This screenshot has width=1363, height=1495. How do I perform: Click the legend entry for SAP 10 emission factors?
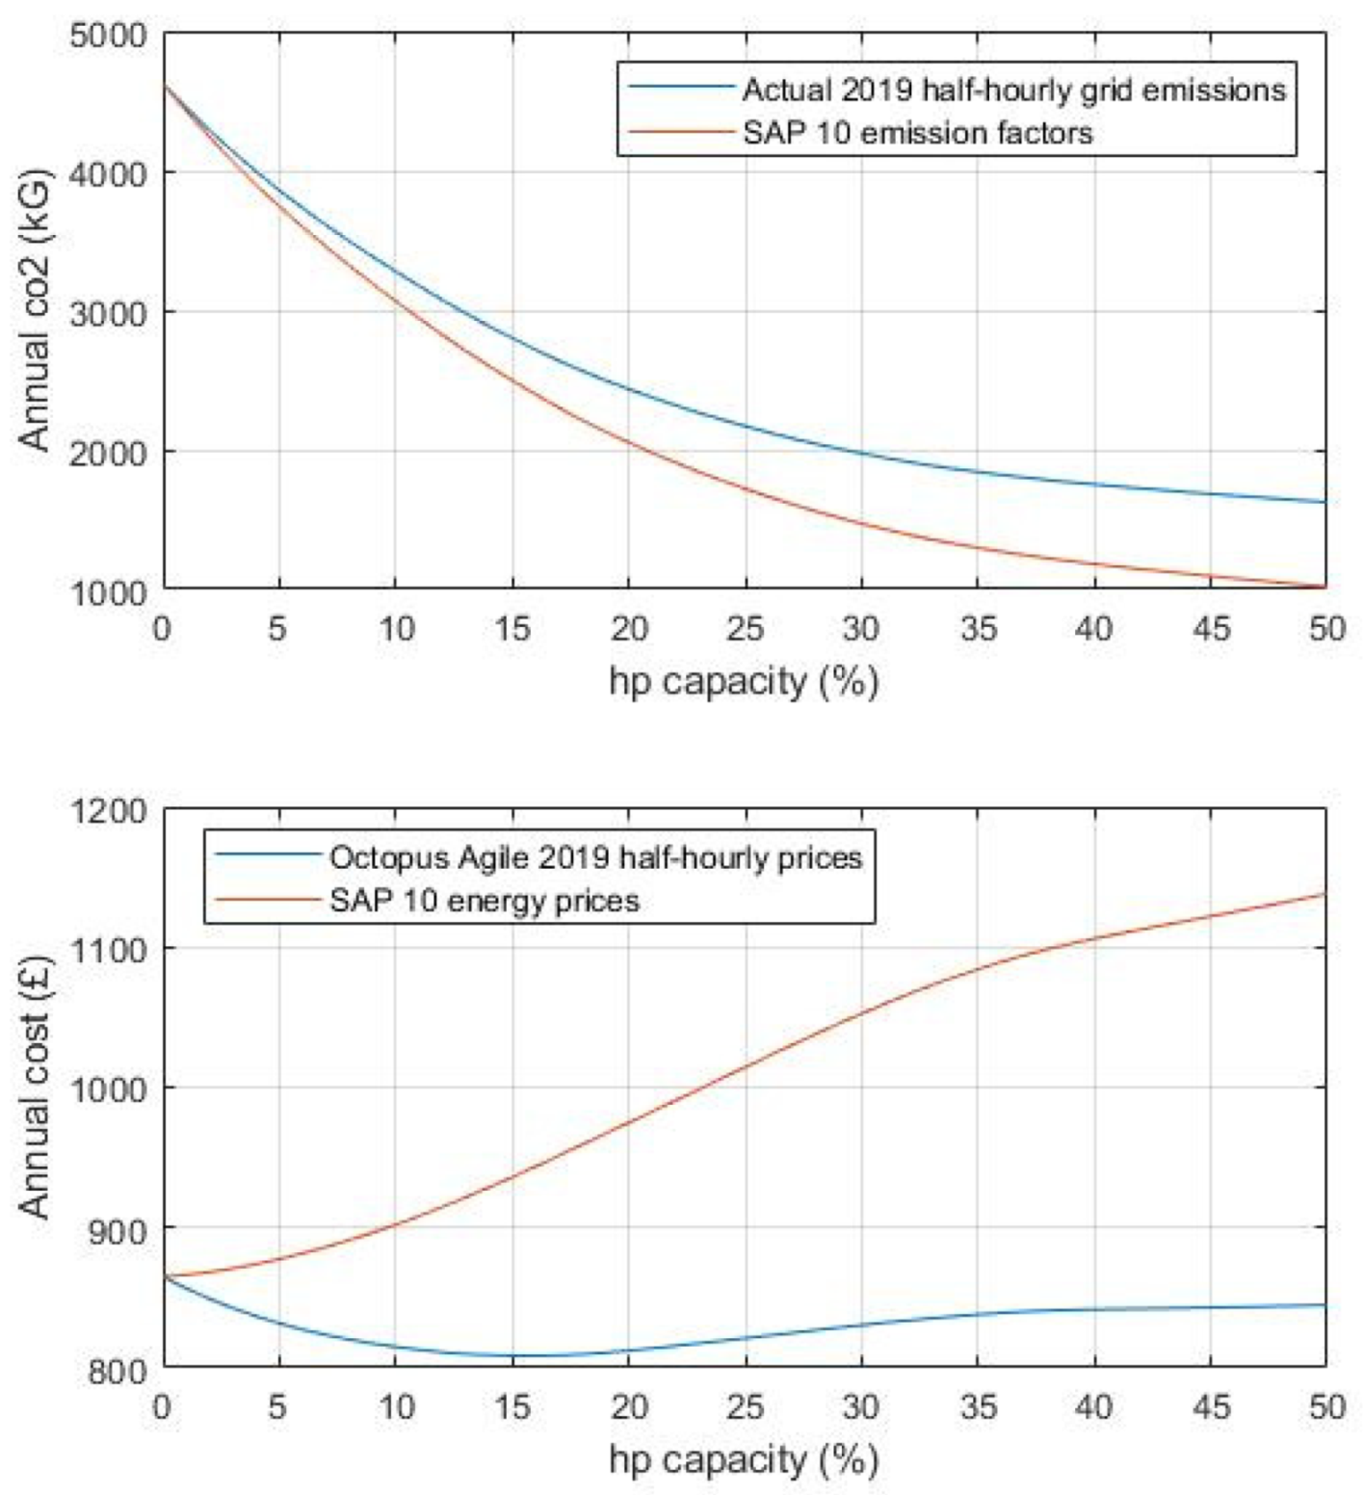tap(917, 132)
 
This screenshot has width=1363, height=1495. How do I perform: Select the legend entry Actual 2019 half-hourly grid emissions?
tap(1013, 90)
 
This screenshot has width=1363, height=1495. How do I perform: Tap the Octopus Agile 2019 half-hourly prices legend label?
tap(595, 856)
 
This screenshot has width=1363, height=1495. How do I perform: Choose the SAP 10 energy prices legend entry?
tap(484, 900)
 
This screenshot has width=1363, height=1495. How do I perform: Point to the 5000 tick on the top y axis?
tap(109, 36)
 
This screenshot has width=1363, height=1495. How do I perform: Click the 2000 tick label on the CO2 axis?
tap(109, 453)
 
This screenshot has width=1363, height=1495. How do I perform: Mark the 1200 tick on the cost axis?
tap(109, 811)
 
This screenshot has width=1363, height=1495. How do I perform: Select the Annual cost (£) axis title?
tap(35, 1087)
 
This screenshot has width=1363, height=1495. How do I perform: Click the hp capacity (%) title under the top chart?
tap(744, 681)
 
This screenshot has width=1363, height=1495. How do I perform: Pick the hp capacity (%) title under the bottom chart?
tap(744, 1459)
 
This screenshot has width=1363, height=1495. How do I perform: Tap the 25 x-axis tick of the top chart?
tap(745, 629)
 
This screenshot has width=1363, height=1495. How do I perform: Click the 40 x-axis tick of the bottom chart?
tap(1094, 1407)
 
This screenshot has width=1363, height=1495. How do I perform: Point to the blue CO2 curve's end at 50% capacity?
tap(1325, 501)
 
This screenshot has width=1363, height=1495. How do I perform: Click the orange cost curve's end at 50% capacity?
tap(1325, 894)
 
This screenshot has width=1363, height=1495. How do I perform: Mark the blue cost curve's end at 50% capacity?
tap(1325, 1305)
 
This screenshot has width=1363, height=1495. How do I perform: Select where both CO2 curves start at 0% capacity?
tap(166, 86)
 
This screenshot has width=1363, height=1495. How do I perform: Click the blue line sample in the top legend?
tap(682, 87)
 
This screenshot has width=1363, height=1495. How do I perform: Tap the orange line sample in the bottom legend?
tap(268, 900)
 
